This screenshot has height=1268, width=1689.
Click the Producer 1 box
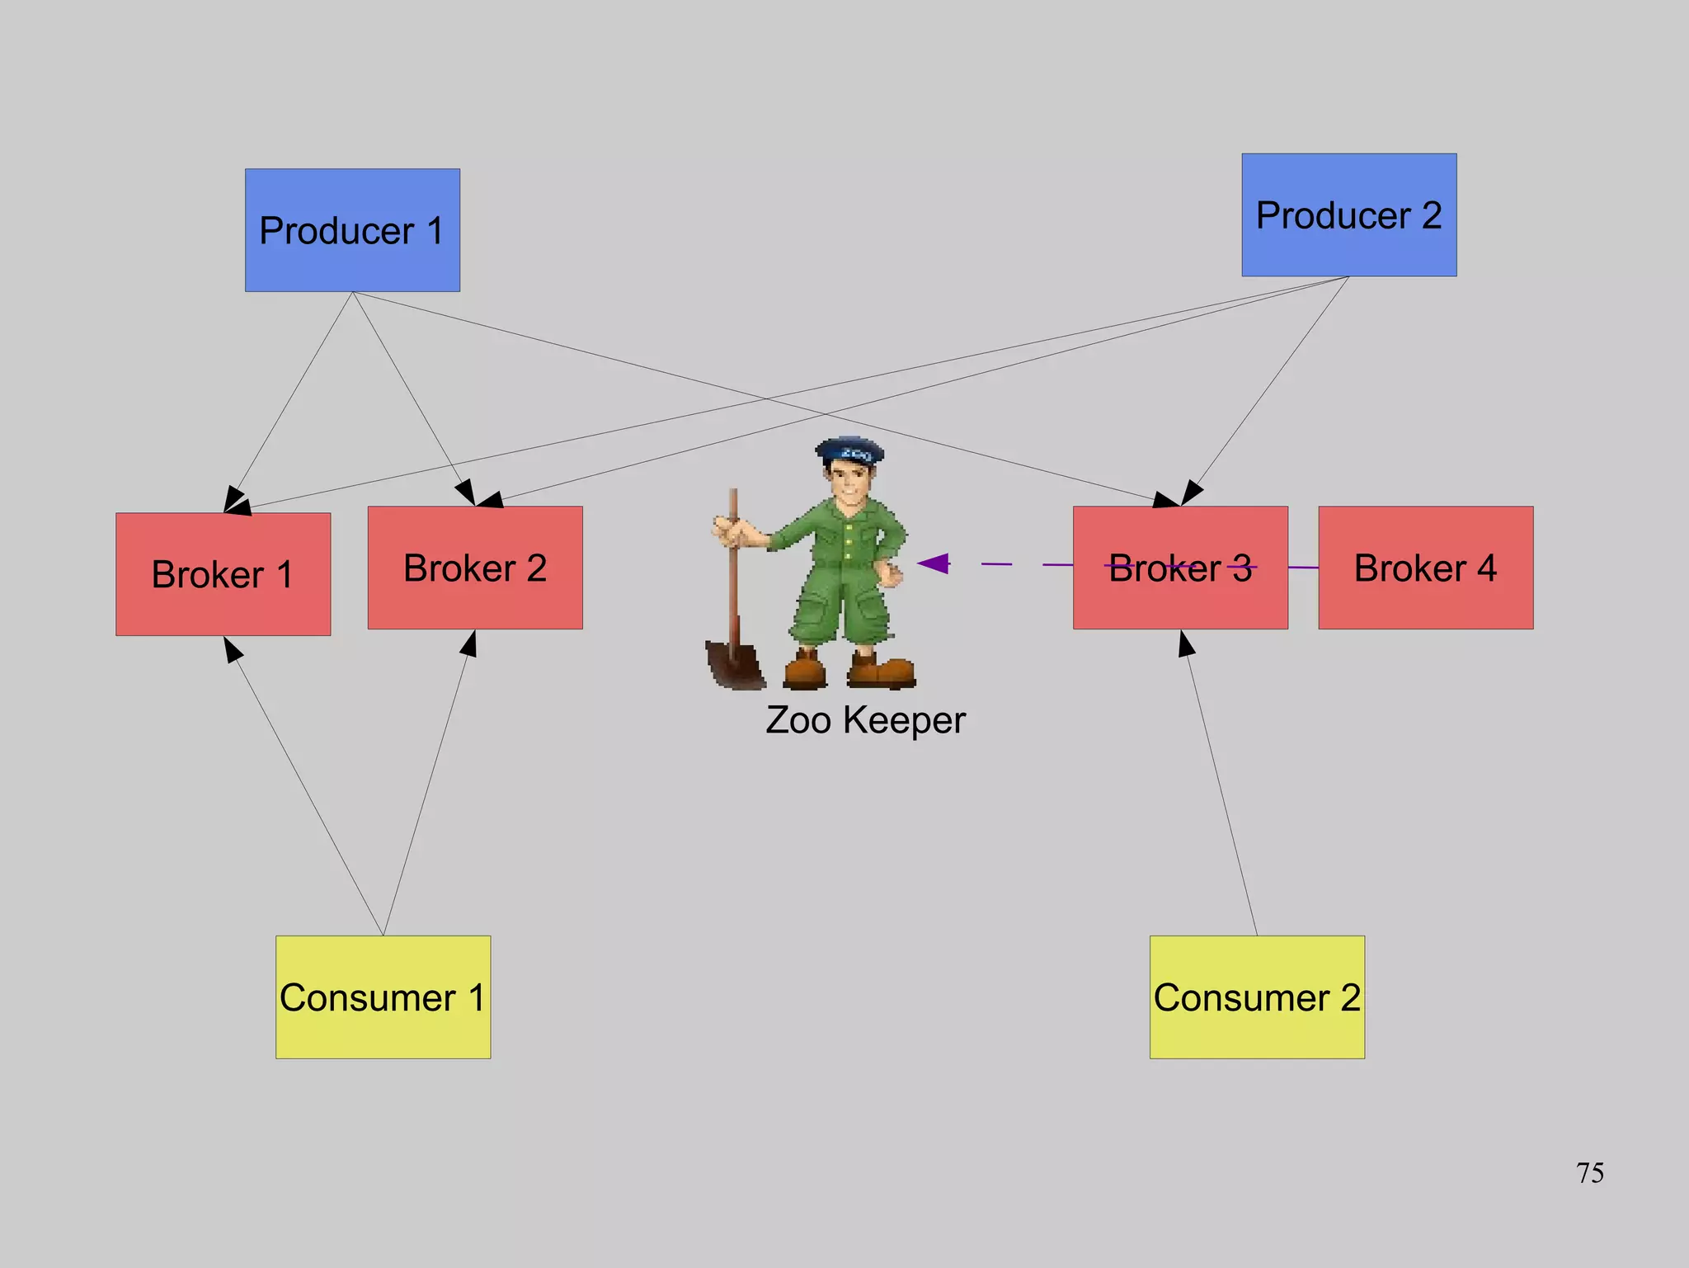pyautogui.click(x=352, y=230)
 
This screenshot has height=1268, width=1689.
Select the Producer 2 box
pyautogui.click(x=1349, y=214)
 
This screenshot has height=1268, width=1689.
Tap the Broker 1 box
pyautogui.click(x=223, y=574)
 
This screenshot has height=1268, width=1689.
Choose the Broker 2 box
pyautogui.click(x=475, y=568)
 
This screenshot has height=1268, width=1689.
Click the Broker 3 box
pyautogui.click(x=1180, y=568)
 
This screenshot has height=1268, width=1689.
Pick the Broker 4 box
pyautogui.click(x=1425, y=568)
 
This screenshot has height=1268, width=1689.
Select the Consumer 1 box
pyautogui.click(x=383, y=997)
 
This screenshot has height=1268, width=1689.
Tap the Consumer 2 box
pyautogui.click(x=1257, y=997)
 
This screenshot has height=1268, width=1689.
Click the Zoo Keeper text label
pyautogui.click(x=865, y=719)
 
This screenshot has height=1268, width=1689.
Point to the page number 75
pyautogui.click(x=1589, y=1172)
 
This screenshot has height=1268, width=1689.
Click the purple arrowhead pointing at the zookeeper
pyautogui.click(x=934, y=563)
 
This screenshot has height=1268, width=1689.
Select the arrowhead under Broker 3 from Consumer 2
pyautogui.click(x=1186, y=643)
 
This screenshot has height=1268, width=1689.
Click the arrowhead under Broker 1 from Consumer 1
pyautogui.click(x=233, y=648)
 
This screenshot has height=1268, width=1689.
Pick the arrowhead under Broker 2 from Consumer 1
pyautogui.click(x=469, y=643)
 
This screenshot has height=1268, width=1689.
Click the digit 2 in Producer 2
pyautogui.click(x=1431, y=215)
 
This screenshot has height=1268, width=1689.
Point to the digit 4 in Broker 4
pyautogui.click(x=1486, y=568)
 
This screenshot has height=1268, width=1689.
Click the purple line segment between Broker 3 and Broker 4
pyautogui.click(x=1303, y=567)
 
